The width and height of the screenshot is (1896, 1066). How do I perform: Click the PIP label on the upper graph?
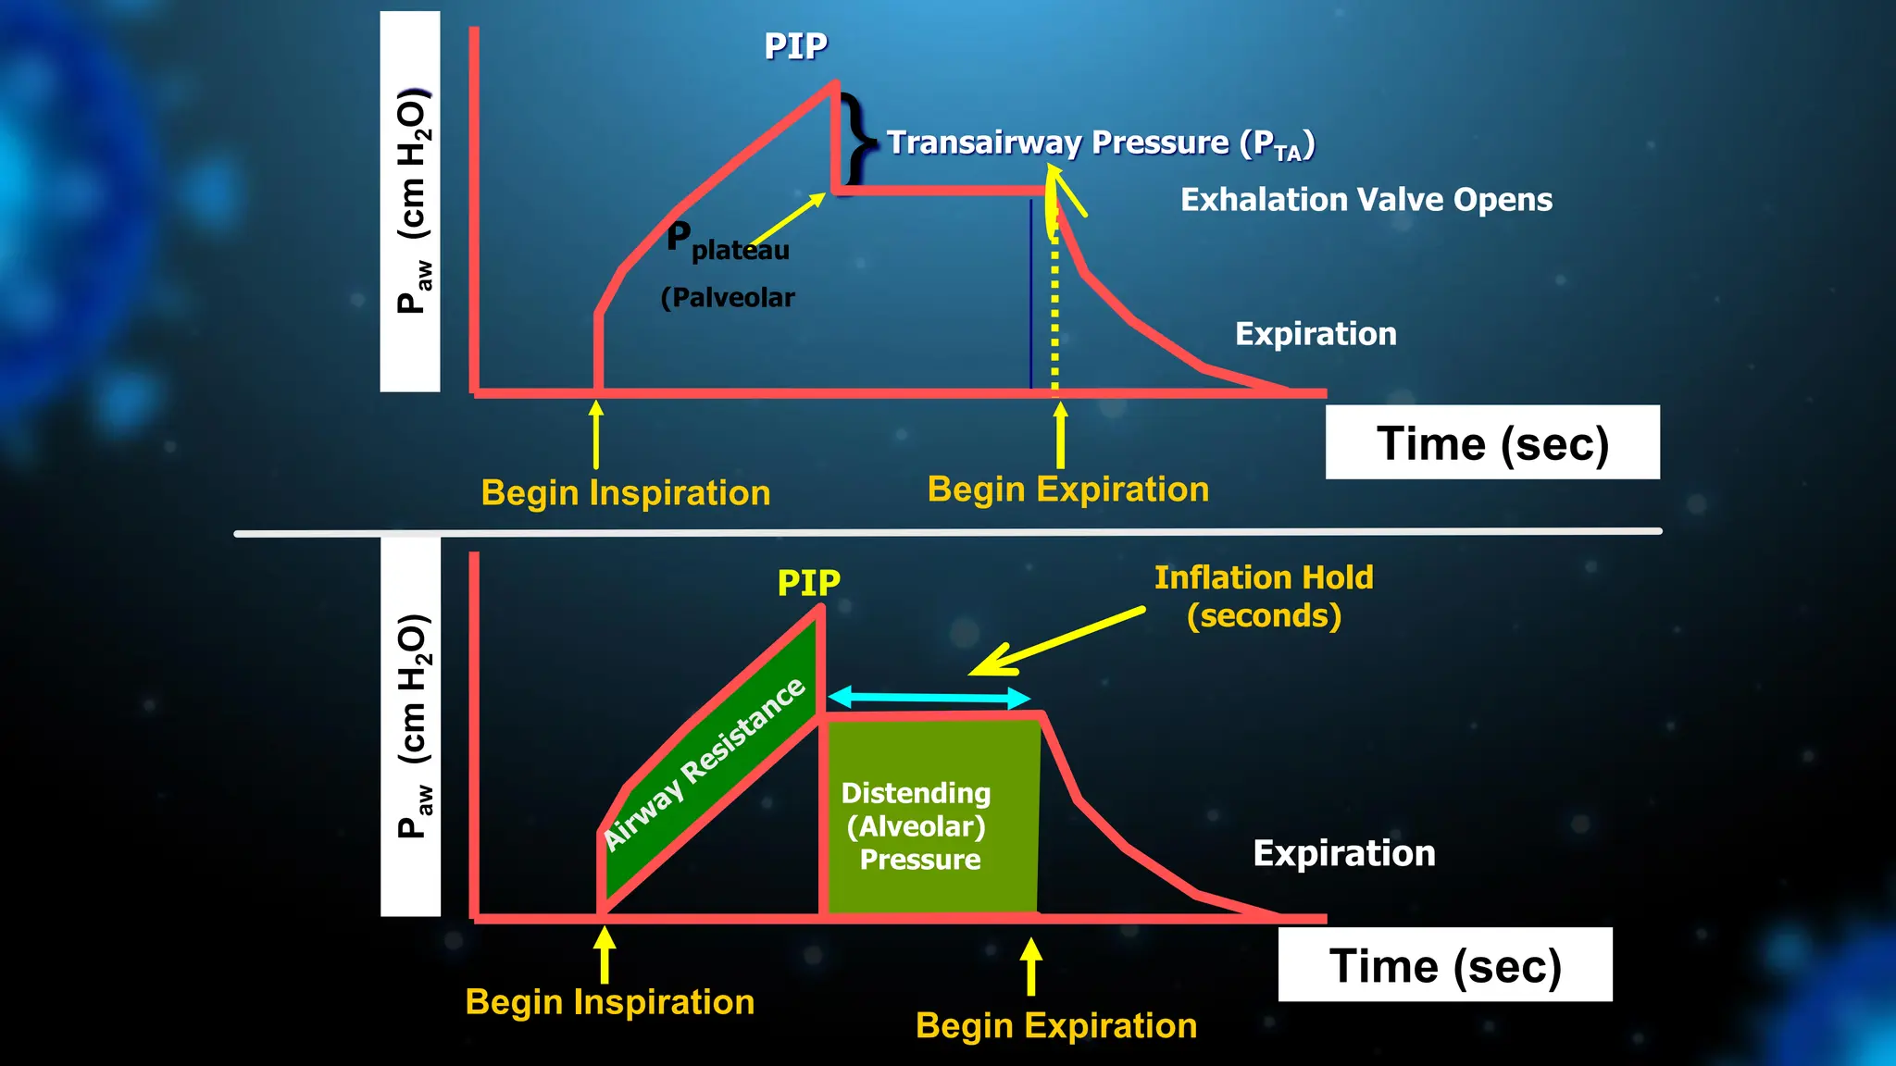pyautogui.click(x=795, y=46)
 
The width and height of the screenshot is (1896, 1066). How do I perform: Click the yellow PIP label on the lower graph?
pyautogui.click(x=808, y=583)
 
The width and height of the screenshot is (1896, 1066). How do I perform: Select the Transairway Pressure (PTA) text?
pyautogui.click(x=1100, y=143)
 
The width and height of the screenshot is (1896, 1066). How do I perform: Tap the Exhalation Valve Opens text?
pyautogui.click(x=1366, y=200)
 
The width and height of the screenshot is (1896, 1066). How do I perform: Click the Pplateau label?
pyautogui.click(x=728, y=243)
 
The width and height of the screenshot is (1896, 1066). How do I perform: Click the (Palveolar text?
pyautogui.click(x=728, y=298)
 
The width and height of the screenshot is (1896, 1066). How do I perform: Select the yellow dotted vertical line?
pyautogui.click(x=1054, y=315)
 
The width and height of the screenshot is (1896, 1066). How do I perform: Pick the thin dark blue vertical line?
pyautogui.click(x=1030, y=296)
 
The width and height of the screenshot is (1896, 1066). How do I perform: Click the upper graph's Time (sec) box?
pyautogui.click(x=1491, y=442)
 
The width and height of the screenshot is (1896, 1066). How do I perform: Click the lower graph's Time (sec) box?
pyautogui.click(x=1444, y=965)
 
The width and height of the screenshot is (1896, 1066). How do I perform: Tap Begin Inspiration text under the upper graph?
pyautogui.click(x=625, y=493)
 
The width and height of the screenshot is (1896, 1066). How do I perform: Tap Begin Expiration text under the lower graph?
pyautogui.click(x=1055, y=1025)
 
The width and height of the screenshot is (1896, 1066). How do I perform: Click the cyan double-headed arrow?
pyautogui.click(x=929, y=697)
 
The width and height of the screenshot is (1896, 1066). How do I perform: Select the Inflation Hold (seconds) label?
pyautogui.click(x=1264, y=596)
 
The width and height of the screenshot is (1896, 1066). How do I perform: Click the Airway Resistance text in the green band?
pyautogui.click(x=704, y=763)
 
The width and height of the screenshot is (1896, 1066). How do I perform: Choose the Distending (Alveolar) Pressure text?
pyautogui.click(x=917, y=825)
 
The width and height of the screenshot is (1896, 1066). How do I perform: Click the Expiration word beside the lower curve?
pyautogui.click(x=1343, y=853)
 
